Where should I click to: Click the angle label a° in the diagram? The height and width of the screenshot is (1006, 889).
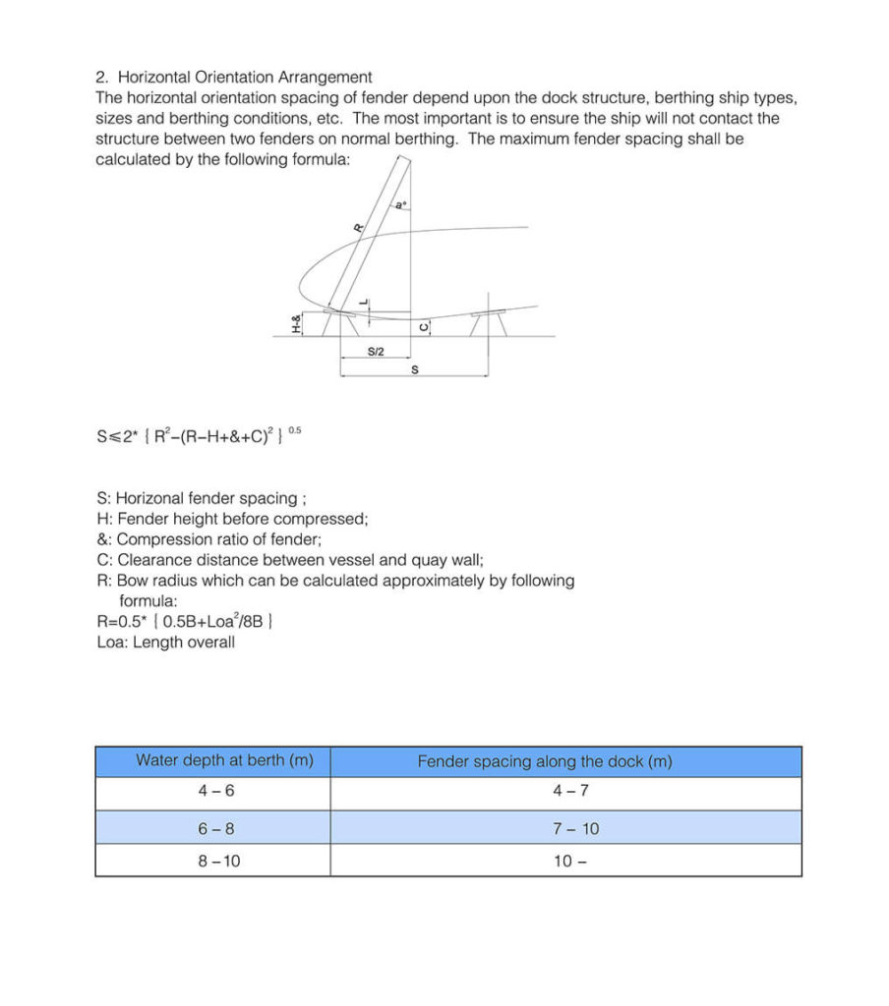coord(399,206)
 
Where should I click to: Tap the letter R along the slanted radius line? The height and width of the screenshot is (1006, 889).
coord(358,227)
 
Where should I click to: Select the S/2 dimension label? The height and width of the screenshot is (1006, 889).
coord(376,351)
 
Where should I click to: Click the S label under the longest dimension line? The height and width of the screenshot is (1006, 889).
coord(414,370)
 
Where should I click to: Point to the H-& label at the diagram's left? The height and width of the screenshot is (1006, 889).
coord(297,323)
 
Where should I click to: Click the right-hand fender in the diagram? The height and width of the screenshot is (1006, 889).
coord(488,322)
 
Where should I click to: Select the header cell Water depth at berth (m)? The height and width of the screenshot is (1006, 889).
coord(211,761)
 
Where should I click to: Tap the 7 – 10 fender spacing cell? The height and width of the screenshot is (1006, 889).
coord(575,828)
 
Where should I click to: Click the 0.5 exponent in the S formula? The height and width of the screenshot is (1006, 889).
coord(296,429)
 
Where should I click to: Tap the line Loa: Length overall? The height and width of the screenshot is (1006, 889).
coord(165,643)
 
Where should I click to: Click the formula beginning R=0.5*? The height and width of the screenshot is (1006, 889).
coord(184,622)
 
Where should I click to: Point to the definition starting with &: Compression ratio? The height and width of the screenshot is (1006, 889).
coord(208,539)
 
